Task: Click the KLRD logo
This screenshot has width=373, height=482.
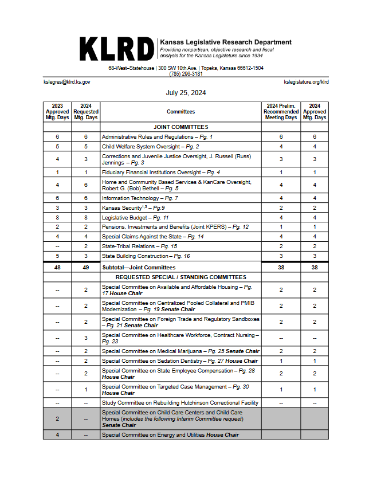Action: point(117,49)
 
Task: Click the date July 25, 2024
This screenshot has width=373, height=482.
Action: point(186,93)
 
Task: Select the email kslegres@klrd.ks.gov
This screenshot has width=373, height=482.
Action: point(67,82)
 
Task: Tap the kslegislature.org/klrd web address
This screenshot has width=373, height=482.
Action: point(306,82)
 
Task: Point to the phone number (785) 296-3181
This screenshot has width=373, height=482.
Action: point(186,74)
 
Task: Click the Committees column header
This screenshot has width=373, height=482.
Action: point(180,112)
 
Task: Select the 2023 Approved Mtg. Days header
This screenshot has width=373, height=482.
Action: point(57,112)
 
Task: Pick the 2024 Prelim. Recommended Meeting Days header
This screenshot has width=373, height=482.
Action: point(281,112)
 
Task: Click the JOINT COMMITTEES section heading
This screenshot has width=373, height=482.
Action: point(180,127)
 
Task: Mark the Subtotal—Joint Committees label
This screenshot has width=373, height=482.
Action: point(139,267)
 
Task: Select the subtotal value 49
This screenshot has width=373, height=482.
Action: point(86,267)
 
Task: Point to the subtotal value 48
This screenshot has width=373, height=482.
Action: point(57,267)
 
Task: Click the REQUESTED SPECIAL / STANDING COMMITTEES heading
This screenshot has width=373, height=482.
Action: point(180,277)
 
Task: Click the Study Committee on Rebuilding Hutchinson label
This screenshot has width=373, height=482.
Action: point(180,403)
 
